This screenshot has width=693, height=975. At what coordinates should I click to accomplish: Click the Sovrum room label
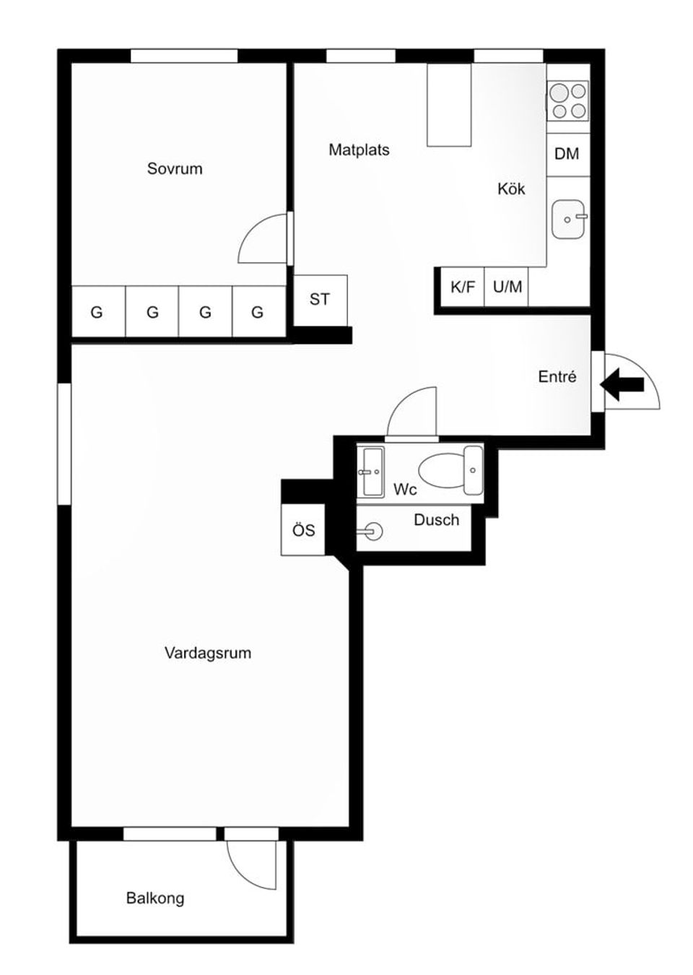(x=175, y=169)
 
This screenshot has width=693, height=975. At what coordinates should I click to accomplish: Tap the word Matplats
(x=359, y=150)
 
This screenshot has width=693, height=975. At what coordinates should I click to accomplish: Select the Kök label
(x=511, y=189)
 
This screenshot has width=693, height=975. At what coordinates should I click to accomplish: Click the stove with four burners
(x=568, y=101)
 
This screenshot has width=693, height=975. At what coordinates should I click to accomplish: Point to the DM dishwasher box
(x=567, y=154)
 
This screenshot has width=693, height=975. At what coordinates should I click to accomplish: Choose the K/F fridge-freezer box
(x=463, y=287)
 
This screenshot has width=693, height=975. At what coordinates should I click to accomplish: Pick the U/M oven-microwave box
(x=507, y=287)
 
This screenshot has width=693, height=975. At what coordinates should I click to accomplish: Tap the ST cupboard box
(x=320, y=299)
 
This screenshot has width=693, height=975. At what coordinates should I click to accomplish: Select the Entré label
(x=557, y=377)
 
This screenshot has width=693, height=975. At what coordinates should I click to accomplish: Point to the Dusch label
(x=436, y=520)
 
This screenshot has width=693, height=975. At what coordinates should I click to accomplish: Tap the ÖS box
(x=303, y=531)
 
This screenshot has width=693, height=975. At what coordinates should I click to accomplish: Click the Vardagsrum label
(x=208, y=654)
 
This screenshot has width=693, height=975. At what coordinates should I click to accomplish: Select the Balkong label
(x=155, y=898)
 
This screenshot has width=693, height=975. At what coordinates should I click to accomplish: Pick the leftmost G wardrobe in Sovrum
(x=97, y=312)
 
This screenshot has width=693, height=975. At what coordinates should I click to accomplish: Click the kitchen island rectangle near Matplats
(x=449, y=105)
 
